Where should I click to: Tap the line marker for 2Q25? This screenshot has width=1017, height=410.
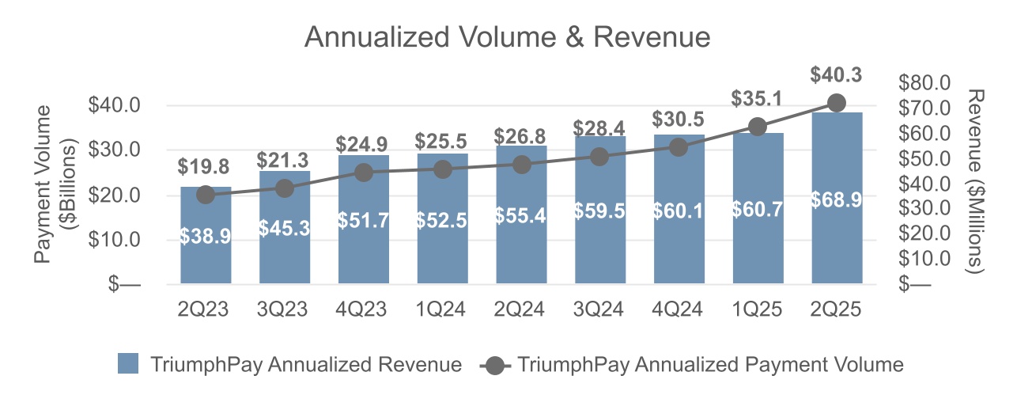tap(836, 103)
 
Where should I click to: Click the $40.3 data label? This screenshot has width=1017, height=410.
tap(836, 76)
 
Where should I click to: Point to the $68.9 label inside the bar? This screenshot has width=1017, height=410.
tap(836, 200)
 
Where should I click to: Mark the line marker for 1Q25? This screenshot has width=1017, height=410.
tap(757, 127)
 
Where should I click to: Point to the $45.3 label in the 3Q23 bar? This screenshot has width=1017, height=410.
tap(284, 229)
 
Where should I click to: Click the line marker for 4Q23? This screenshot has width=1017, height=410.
tap(363, 173)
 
